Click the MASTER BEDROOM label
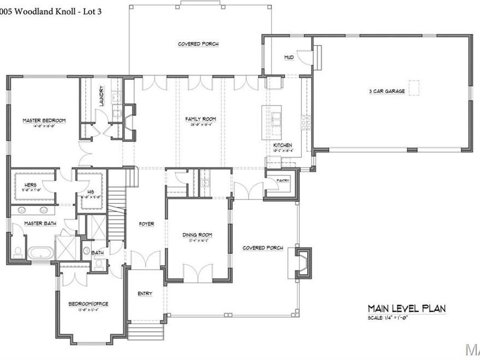(x=44, y=121)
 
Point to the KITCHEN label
(x=283, y=145)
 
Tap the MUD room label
(x=289, y=57)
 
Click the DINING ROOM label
(x=198, y=235)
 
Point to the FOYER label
(x=146, y=224)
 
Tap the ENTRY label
(x=145, y=294)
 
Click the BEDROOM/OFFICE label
(x=89, y=304)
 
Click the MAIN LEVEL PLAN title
(x=406, y=308)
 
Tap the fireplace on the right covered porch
(x=304, y=262)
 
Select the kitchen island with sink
(x=274, y=122)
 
